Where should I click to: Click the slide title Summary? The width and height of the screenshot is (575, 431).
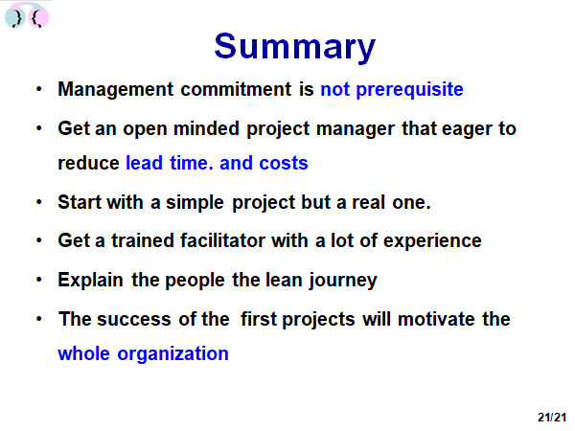point(295,47)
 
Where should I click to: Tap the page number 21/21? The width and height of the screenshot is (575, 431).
point(552,417)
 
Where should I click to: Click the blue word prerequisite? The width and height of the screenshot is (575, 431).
point(409,90)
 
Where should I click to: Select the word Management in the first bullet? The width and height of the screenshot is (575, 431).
point(116,90)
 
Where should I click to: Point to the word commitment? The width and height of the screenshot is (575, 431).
point(236,89)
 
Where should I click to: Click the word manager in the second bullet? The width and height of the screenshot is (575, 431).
point(356,129)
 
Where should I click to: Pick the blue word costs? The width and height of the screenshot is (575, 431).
point(284,164)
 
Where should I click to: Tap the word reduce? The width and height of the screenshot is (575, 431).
point(88,163)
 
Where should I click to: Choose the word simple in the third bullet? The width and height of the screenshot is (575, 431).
point(195,203)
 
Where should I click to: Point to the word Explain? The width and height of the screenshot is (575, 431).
point(91,281)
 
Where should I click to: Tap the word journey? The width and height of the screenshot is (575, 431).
point(343,281)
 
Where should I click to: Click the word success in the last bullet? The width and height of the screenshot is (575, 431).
point(134,319)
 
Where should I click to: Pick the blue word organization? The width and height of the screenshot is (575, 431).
point(172,354)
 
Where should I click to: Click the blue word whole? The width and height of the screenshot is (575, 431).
point(84,353)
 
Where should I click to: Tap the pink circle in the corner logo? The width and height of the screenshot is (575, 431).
point(38,17)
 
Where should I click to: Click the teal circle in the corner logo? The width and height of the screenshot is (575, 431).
point(15,17)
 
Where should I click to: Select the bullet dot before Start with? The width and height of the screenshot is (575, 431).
point(39,202)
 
